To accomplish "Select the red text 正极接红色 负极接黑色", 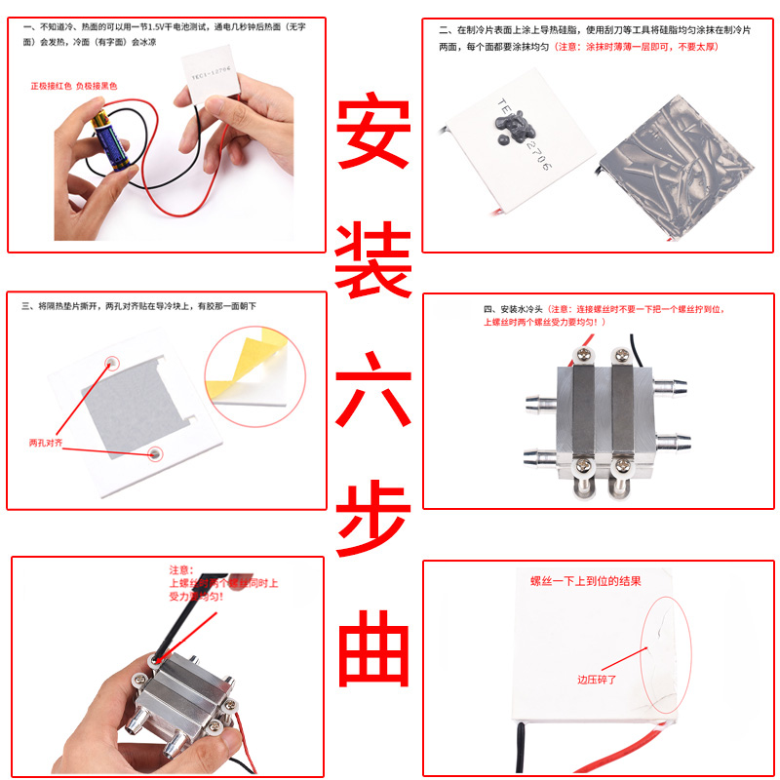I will [74, 87].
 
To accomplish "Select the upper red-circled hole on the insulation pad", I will [111, 362].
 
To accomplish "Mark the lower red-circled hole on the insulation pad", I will [155, 453].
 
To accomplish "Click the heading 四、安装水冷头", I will [524, 309].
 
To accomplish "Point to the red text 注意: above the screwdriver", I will [182, 569].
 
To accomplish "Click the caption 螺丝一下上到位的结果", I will [585, 582].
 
